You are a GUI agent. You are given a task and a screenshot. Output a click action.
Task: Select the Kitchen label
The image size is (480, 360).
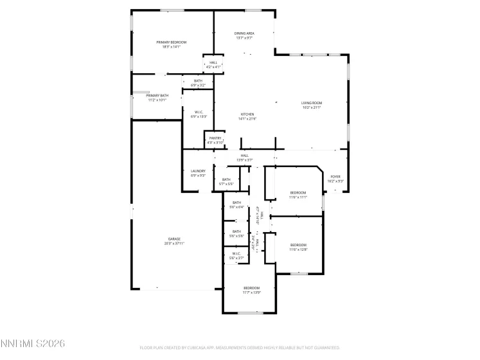tap(247, 116)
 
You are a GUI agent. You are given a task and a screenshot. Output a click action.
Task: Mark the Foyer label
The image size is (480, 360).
tap(335, 178)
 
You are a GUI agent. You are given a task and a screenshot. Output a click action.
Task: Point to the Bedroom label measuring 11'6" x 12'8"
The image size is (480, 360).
tap(298, 246)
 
